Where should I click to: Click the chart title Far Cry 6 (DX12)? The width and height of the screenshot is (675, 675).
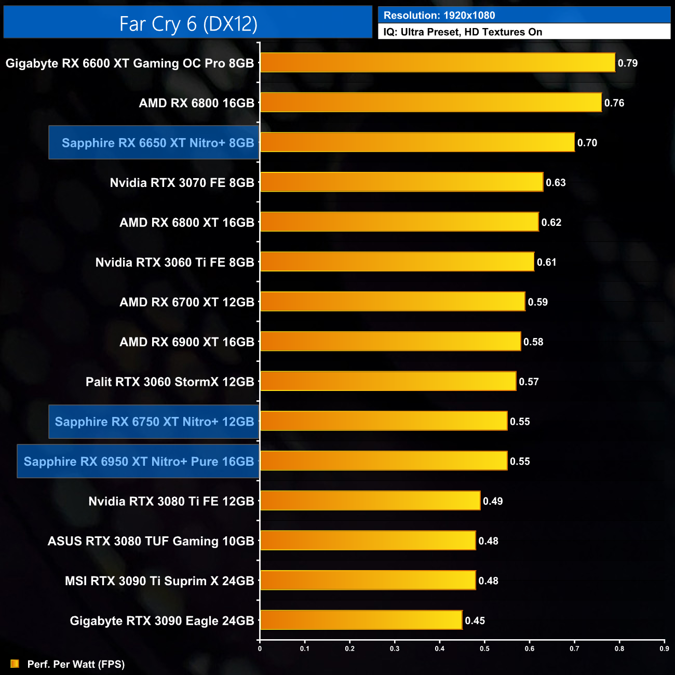tap(188, 24)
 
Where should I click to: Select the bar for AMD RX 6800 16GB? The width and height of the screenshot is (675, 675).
tap(431, 102)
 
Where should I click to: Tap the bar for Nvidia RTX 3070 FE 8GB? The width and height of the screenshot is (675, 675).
tap(401, 182)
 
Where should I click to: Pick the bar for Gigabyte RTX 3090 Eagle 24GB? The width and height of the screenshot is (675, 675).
tap(361, 620)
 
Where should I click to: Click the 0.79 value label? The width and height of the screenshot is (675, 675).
tap(627, 63)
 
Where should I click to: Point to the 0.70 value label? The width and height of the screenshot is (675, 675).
tap(587, 143)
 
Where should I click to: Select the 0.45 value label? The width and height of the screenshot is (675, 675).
tap(475, 620)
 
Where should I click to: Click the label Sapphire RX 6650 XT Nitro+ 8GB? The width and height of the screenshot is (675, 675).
tap(158, 143)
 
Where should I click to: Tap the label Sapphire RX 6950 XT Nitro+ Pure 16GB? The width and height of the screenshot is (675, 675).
tap(139, 461)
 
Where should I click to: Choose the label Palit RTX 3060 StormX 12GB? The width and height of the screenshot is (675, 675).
tap(170, 382)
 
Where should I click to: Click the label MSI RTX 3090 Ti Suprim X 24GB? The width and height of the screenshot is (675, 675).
tap(159, 580)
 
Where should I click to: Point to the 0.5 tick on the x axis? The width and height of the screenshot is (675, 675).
tap(484, 649)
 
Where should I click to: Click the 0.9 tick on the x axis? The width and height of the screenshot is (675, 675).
tap(664, 649)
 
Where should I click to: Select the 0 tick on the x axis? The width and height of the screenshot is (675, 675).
tap(260, 649)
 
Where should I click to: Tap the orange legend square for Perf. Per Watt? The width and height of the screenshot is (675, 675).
tap(15, 664)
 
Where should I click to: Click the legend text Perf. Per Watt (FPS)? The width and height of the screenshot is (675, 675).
tap(76, 664)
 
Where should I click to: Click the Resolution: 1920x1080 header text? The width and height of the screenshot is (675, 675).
tap(439, 16)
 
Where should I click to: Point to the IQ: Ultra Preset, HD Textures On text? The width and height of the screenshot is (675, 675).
tap(463, 32)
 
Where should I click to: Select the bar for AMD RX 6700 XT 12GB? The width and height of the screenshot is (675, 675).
tap(393, 302)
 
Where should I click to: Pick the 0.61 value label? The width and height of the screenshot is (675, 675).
tap(546, 262)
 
